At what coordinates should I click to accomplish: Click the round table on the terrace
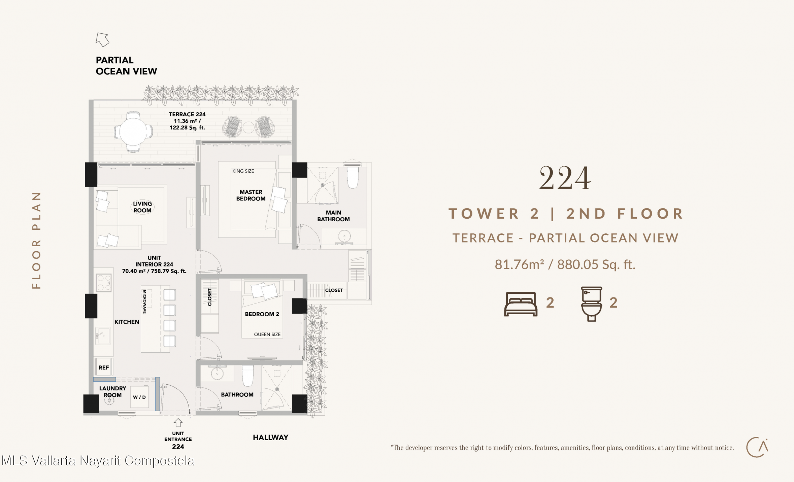(x=133, y=132)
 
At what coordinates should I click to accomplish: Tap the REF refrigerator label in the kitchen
(x=104, y=367)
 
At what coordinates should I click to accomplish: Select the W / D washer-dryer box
(x=139, y=397)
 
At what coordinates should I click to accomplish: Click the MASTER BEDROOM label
(x=251, y=195)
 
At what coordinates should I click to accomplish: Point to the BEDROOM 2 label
(x=262, y=314)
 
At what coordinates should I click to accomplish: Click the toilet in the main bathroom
(x=353, y=175)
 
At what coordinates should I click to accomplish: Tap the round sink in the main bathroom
(x=344, y=236)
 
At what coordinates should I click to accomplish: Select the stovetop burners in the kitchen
(x=104, y=283)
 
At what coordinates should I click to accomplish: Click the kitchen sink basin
(x=103, y=336)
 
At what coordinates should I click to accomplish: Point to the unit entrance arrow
(x=178, y=422)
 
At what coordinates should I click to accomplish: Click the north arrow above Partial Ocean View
(x=102, y=39)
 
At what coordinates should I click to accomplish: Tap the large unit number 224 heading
(x=565, y=178)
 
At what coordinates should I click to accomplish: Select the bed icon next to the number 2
(x=521, y=304)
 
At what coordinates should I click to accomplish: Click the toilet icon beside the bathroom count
(x=592, y=304)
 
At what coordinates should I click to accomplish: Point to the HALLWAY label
(x=271, y=438)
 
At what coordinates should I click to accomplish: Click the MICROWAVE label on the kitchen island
(x=145, y=302)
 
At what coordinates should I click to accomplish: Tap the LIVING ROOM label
(x=142, y=207)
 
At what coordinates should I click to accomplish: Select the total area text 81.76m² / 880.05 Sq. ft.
(x=565, y=265)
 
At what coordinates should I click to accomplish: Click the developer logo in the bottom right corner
(x=757, y=447)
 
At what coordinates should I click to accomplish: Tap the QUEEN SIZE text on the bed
(x=267, y=334)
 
